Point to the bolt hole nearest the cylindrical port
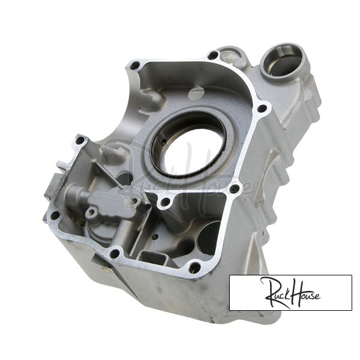click(x=212, y=55)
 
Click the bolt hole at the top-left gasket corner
click(x=134, y=66)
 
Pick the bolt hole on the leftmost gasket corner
click(x=55, y=215)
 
